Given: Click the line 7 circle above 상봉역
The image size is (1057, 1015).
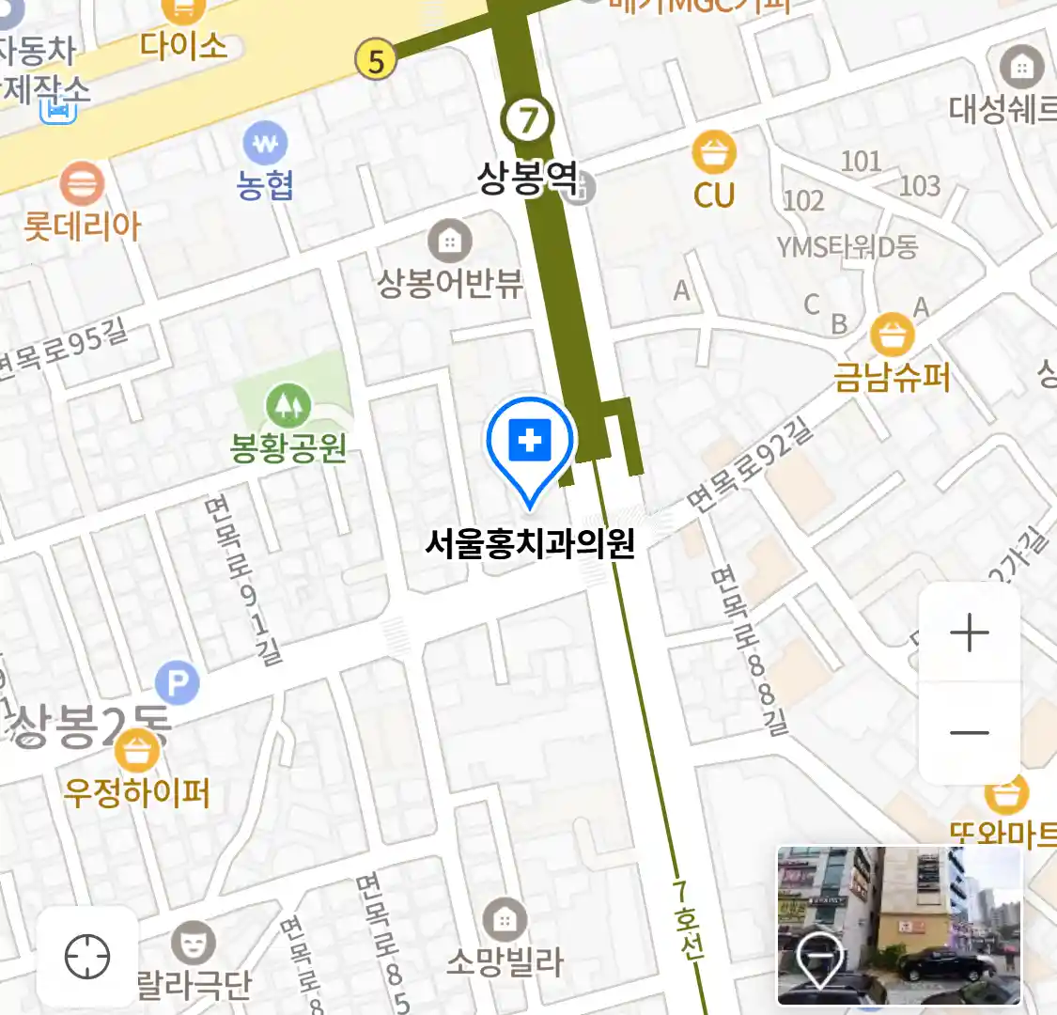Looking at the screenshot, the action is [528, 119].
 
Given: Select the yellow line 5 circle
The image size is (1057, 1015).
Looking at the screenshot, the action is [376, 61].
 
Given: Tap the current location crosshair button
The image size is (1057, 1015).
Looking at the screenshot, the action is [87, 958].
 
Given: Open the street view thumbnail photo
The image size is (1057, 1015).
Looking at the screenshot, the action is [898, 925].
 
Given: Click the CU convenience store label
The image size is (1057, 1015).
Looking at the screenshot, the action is [714, 195].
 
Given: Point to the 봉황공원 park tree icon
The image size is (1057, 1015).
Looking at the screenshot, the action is [288, 405].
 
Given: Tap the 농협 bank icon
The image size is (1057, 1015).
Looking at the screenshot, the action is [266, 145].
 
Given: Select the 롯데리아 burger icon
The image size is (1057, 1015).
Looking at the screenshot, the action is [83, 183].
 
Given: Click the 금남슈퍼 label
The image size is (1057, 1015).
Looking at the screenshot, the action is [892, 377].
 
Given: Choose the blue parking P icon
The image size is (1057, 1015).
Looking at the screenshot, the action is [178, 682].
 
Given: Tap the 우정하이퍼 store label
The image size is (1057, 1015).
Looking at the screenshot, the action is [137, 793].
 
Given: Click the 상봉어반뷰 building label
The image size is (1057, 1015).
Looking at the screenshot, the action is [450, 283].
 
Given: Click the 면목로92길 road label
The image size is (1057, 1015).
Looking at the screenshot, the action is [750, 466].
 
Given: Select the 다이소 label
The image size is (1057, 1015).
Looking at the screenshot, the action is [184, 45].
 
